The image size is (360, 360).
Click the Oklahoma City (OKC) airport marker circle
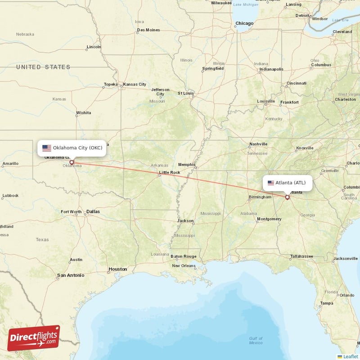[71, 162]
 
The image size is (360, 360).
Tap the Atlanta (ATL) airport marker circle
[288, 197]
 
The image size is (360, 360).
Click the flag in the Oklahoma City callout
[47, 148]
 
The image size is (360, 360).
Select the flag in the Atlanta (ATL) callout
[271, 183]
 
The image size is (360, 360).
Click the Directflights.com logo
[34, 338]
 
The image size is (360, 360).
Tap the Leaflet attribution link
[350, 356]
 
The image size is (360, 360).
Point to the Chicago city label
[244, 23]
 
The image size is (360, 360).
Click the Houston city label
[117, 269]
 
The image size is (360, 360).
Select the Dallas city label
[93, 211]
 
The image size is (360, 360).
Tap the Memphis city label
[187, 165]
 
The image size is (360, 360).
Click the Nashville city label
[258, 144]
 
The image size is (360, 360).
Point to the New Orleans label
[184, 265]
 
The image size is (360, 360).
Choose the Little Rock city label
[169, 172]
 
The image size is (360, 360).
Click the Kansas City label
[135, 84]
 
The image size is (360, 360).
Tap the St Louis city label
[186, 93]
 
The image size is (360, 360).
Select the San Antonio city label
[71, 275]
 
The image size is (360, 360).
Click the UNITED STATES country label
[43, 67]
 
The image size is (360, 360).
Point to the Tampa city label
[327, 303]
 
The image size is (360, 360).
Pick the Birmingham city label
[260, 197]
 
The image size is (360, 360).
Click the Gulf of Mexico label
[256, 340]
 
